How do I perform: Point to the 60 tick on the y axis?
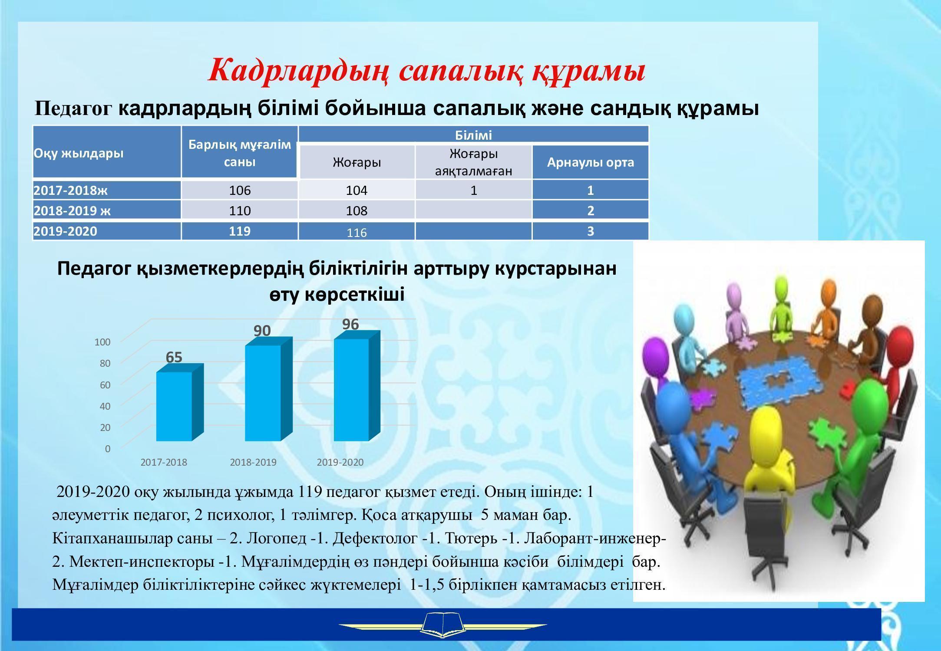click(105, 385)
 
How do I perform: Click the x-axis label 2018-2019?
click(253, 462)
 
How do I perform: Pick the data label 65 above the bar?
click(174, 357)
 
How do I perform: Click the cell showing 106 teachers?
click(240, 190)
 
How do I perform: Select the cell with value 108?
click(357, 210)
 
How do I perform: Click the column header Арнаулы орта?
click(590, 162)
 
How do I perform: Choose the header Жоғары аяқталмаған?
click(474, 162)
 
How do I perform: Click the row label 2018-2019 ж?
click(72, 210)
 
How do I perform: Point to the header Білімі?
click(474, 135)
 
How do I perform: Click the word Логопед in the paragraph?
click(277, 539)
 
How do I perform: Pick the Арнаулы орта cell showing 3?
click(591, 231)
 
